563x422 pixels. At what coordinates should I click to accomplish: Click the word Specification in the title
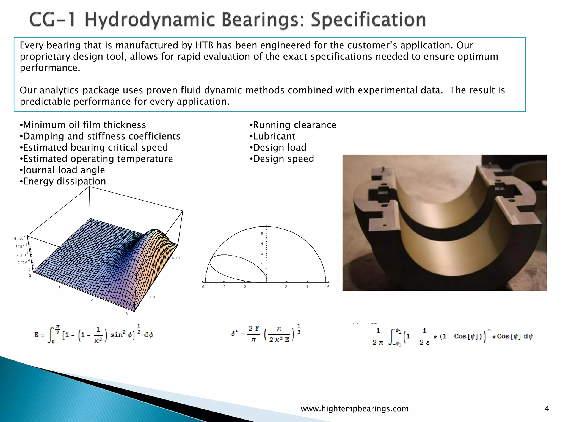click(x=368, y=20)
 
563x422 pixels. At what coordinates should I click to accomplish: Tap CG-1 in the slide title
click(x=52, y=20)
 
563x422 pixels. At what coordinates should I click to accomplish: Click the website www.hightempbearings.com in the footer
click(x=355, y=409)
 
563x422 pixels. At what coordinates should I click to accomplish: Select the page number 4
click(x=547, y=409)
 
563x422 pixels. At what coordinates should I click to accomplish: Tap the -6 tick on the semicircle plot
click(x=202, y=287)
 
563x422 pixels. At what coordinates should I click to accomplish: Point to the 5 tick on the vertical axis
click(x=262, y=234)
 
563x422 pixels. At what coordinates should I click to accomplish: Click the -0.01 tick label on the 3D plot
click(x=151, y=297)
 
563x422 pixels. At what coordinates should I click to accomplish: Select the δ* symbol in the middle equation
click(x=234, y=334)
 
